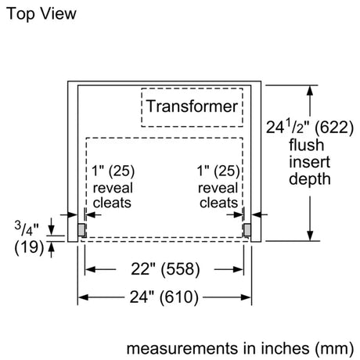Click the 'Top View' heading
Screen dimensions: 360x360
41,13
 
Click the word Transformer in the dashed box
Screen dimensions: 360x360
192,106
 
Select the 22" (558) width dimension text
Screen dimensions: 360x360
165,269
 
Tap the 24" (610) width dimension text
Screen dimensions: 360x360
164,297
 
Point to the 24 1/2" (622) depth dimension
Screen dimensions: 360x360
310,128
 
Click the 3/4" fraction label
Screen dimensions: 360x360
27,228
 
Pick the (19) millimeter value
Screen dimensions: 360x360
29,247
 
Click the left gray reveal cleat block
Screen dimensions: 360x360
81,230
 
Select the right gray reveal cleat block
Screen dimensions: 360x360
247,230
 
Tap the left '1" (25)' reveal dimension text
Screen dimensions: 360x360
113,171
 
